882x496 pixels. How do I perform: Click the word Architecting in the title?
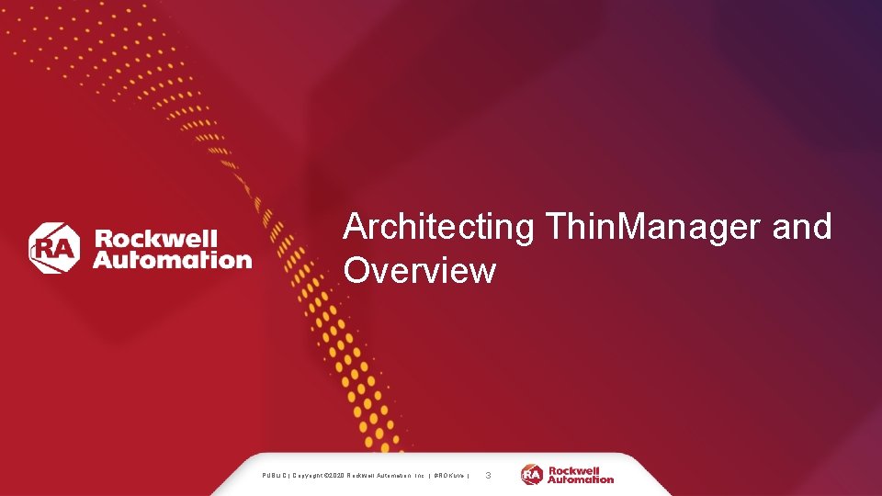[438, 227]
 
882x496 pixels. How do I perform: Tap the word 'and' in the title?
[802, 227]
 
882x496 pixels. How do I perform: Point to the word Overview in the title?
[420, 271]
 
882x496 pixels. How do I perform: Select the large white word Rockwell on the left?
[155, 239]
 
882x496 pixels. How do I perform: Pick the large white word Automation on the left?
[172, 260]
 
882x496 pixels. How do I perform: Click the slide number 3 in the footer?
[488, 476]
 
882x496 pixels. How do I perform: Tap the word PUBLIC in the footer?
[274, 476]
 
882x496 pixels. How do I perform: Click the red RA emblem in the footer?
[533, 475]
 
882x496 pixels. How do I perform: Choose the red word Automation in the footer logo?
[581, 479]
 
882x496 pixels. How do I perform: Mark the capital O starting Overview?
[358, 271]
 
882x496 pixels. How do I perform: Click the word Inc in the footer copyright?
[418, 476]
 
